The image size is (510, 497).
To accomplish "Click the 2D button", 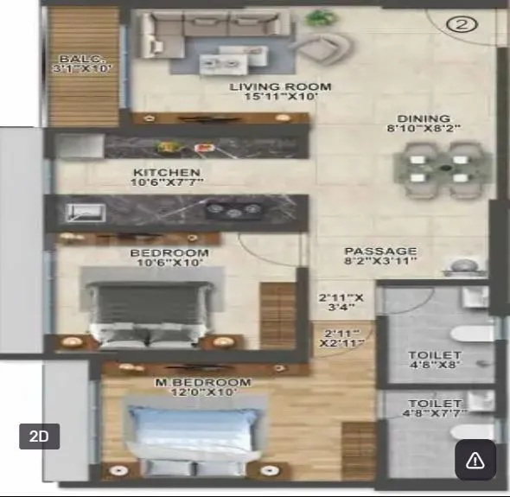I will [39, 436].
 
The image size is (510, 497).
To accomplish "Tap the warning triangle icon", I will [475, 460].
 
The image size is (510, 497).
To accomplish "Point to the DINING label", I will [424, 118].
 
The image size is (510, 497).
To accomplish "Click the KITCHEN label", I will [167, 172].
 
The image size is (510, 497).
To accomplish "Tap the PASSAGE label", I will [380, 251].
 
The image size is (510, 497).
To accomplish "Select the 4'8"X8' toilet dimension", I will [435, 365].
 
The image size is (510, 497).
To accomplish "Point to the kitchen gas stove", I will [233, 208].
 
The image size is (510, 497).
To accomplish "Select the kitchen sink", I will [85, 211].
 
